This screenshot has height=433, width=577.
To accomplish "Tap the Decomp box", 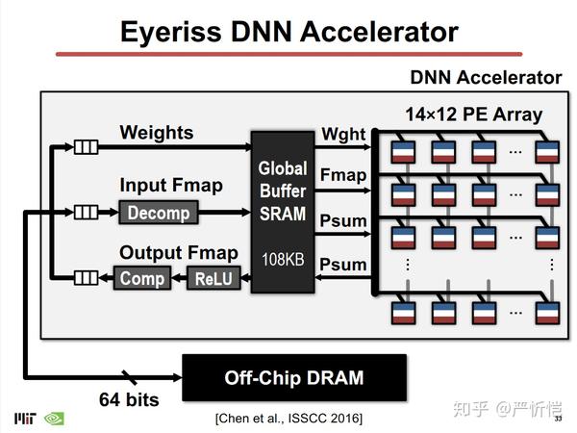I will click(x=158, y=213).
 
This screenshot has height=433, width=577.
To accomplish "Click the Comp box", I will click(x=142, y=279).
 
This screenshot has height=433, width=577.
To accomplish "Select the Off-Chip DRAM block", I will click(x=294, y=377).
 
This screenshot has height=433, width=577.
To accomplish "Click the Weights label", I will click(x=156, y=132).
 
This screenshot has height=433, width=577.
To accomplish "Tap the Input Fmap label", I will click(x=170, y=185).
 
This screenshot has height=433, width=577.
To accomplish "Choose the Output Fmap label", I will click(x=178, y=253).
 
